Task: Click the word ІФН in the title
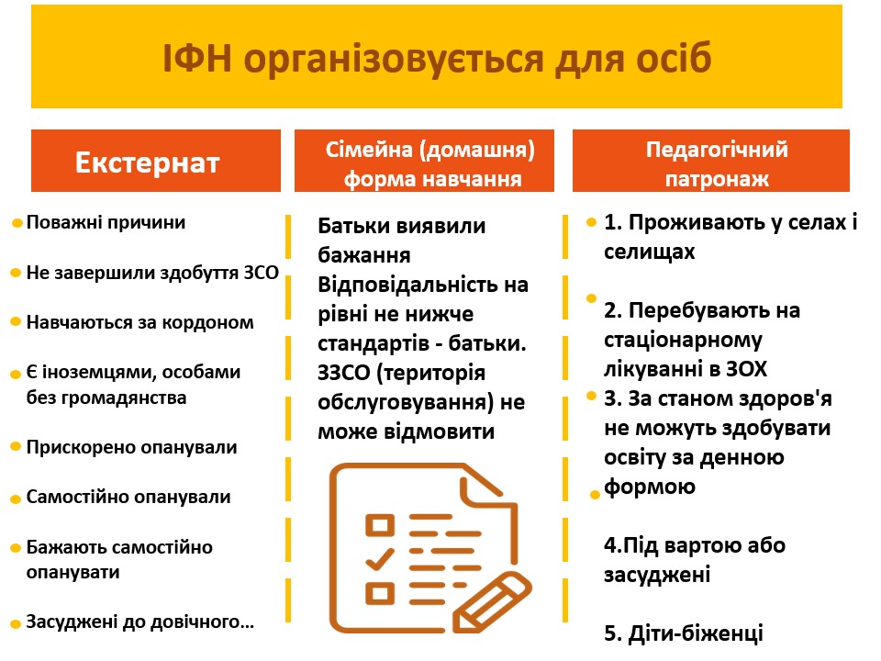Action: pos(196,58)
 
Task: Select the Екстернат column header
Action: pos(156,161)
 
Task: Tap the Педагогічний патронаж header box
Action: pos(710,161)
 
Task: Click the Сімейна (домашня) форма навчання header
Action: pos(424,161)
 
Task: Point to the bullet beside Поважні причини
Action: pos(17,223)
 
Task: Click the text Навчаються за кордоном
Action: pos(139,322)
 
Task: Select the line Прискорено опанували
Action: pos(131,447)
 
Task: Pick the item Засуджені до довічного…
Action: pos(139,622)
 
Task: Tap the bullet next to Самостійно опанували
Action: pos(16,499)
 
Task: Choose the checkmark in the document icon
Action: pos(380,559)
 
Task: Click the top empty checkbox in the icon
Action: pos(380,525)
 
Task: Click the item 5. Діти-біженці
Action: pos(683,633)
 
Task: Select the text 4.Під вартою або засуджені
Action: pos(695,560)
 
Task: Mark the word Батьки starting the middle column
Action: pos(353,226)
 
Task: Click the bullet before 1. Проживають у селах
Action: pos(591,222)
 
